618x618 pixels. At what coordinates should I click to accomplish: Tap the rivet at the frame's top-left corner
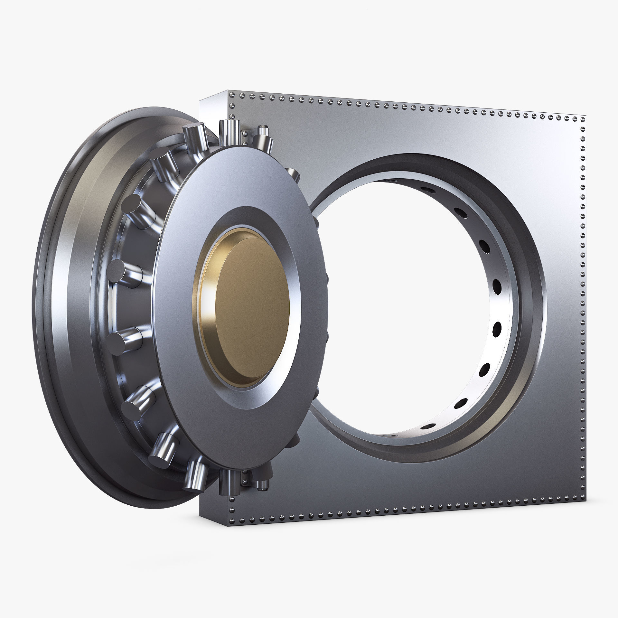[x=231, y=94]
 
